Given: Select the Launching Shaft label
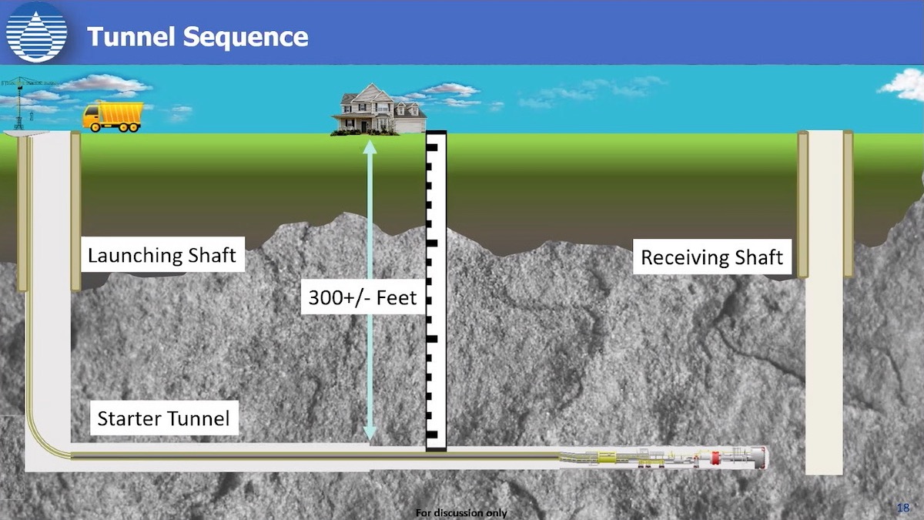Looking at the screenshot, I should point(162,255).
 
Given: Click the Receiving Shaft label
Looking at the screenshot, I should point(711,257).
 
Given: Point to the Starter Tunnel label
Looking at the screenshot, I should point(163,419).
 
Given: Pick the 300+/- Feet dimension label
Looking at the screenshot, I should point(361,297).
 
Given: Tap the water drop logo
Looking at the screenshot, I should point(35,32).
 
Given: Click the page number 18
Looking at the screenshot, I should point(904,507).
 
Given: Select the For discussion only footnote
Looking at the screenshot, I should point(461,513).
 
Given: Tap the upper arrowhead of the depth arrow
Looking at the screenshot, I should point(370,146).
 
